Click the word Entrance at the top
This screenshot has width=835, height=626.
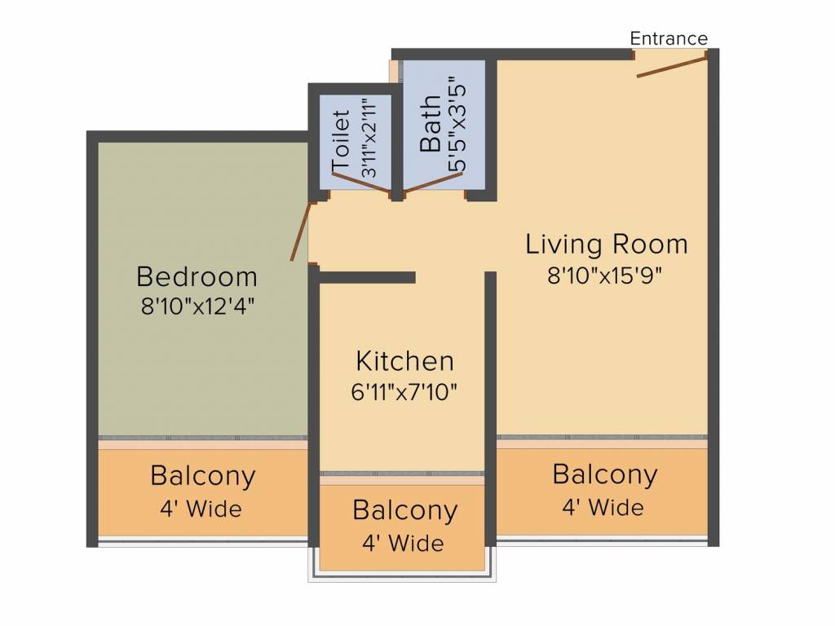[669, 38]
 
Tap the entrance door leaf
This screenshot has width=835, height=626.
[672, 65]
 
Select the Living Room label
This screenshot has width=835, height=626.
[607, 245]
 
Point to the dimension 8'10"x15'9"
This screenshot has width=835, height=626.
[605, 276]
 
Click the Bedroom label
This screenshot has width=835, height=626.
[197, 277]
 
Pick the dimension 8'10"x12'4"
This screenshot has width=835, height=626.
[197, 306]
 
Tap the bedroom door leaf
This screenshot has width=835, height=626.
[300, 231]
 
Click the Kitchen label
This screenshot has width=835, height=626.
[404, 361]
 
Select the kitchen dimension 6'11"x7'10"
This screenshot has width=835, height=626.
[404, 392]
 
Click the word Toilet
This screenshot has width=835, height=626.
[341, 140]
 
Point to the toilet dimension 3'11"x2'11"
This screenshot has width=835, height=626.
[369, 137]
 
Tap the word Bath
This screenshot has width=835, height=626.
[431, 124]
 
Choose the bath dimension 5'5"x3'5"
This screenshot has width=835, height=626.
[458, 128]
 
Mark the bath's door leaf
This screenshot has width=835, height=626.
[432, 182]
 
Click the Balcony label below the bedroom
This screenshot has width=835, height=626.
[203, 476]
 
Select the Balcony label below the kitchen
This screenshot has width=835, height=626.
[404, 510]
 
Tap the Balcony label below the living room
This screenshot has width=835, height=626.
[605, 474]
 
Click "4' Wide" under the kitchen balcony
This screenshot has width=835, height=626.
[403, 544]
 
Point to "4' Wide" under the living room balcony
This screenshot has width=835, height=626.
[603, 507]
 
